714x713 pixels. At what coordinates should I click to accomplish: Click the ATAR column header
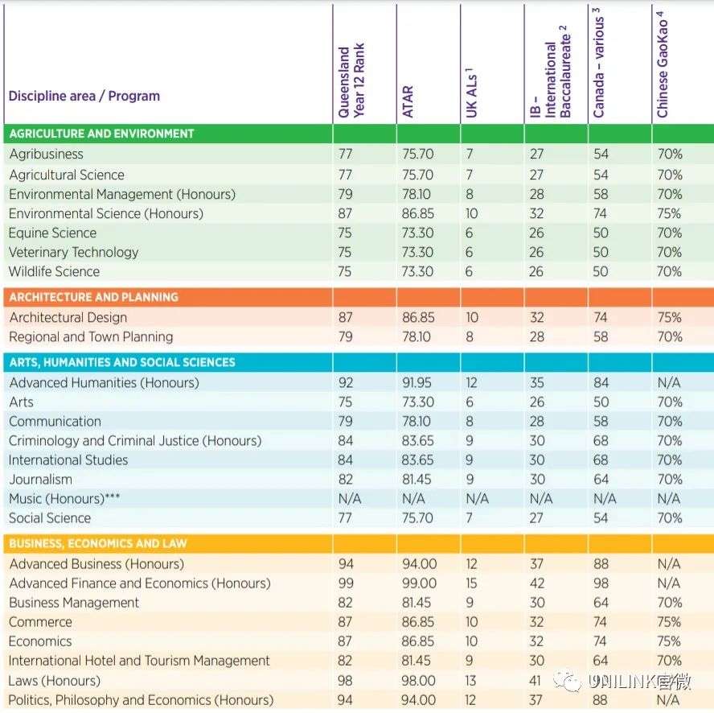[408, 101]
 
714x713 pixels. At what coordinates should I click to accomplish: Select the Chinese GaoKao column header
[663, 64]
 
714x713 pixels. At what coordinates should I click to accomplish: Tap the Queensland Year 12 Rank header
[351, 80]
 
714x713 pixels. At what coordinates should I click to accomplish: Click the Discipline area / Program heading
[84, 97]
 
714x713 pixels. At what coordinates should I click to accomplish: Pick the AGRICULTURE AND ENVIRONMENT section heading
[101, 134]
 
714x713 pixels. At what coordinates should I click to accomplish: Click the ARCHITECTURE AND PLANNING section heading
[94, 297]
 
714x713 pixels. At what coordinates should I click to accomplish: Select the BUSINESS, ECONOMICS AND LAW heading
[98, 543]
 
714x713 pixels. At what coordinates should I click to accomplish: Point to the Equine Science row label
[53, 233]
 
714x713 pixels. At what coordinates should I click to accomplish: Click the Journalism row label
[40, 480]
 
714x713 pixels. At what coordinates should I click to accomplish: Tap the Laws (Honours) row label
[54, 681]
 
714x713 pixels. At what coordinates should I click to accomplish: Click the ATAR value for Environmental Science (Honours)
[418, 214]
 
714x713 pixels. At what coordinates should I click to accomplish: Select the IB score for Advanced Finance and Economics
[537, 583]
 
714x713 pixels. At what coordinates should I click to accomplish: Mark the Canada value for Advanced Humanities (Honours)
[601, 383]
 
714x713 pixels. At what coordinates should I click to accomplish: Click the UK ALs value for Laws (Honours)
[471, 681]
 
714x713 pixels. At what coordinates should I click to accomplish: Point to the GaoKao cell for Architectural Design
[669, 317]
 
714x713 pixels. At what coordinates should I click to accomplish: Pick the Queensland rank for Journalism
[346, 480]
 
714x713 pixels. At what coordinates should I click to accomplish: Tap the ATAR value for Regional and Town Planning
[416, 337]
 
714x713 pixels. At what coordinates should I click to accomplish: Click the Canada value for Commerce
[601, 622]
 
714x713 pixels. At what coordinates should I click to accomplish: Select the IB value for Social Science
[536, 518]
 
